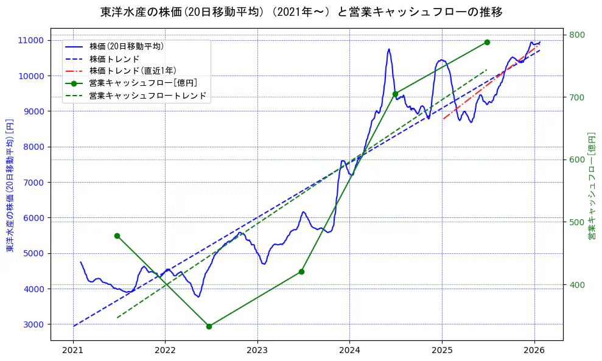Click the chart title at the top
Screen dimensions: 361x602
tap(301, 12)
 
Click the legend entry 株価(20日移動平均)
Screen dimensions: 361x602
tap(126, 46)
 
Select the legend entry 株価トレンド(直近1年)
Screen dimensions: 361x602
tap(132, 71)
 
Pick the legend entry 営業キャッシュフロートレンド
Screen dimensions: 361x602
tap(147, 96)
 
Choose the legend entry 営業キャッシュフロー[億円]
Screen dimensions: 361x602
tap(142, 83)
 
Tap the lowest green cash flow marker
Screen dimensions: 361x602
tap(209, 326)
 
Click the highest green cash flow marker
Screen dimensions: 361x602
tap(487, 42)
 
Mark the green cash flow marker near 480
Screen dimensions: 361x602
tap(117, 236)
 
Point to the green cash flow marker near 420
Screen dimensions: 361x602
tap(301, 272)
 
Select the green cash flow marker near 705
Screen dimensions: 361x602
tap(395, 94)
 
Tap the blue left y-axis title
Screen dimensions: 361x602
tap(10, 186)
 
